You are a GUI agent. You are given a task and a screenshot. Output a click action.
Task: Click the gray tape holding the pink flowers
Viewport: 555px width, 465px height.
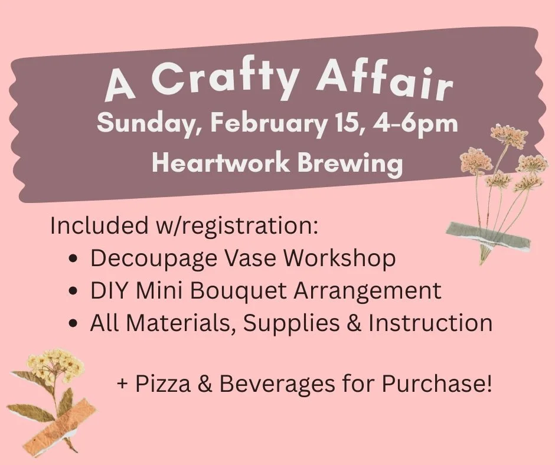(488, 235)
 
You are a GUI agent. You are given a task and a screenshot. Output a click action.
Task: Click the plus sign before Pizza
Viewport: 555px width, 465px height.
(123, 385)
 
